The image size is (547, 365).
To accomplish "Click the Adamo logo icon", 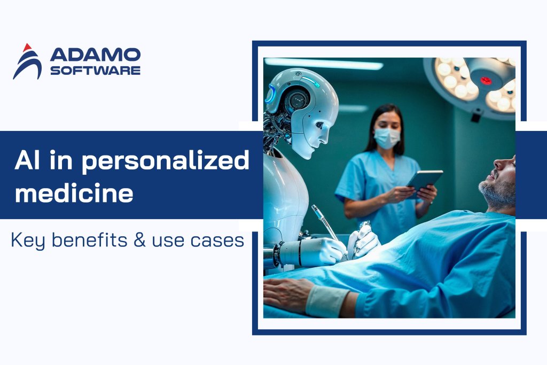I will click(x=27, y=62).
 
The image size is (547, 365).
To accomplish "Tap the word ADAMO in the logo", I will click(x=95, y=55).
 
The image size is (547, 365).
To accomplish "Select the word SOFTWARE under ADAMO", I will click(x=95, y=71).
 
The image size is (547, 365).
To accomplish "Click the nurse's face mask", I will click(x=387, y=138).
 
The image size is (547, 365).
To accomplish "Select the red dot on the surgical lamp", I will click(x=486, y=81).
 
